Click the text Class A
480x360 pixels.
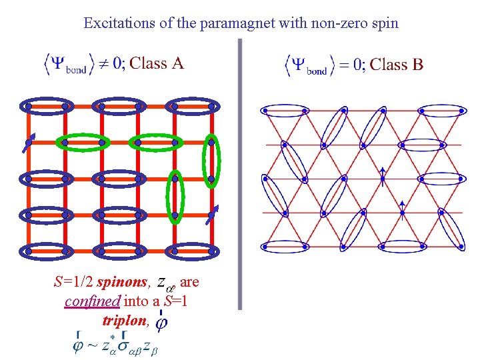(x=157, y=63)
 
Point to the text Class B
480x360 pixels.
(x=397, y=64)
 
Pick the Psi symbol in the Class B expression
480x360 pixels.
(x=303, y=64)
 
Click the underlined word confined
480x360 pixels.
(x=92, y=301)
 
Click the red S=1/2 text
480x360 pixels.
(x=73, y=283)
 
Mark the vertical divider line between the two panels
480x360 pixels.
(x=239, y=173)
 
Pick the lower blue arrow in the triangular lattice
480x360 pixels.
(x=402, y=207)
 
